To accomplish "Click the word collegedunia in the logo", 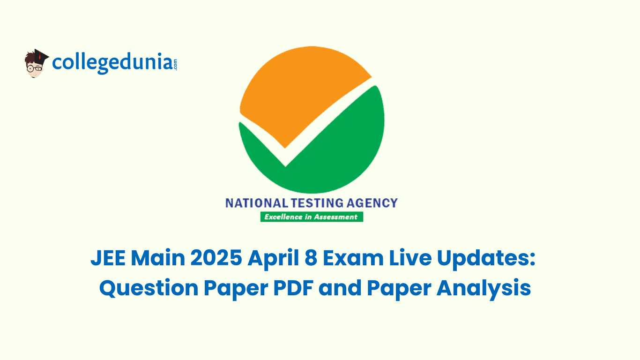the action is (x=112, y=63).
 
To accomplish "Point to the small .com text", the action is (x=175, y=64).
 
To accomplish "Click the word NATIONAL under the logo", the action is (x=257, y=203).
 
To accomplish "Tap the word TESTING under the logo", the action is (x=317, y=203).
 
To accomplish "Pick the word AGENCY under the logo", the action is (x=372, y=203).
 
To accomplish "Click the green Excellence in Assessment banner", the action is (x=312, y=217).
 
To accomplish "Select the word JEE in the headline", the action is (x=108, y=258).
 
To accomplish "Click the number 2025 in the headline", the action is (x=216, y=258).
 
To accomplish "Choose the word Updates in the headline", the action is (x=486, y=259).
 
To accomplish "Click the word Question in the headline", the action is (x=149, y=288).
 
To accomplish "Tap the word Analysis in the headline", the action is (x=484, y=289).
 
